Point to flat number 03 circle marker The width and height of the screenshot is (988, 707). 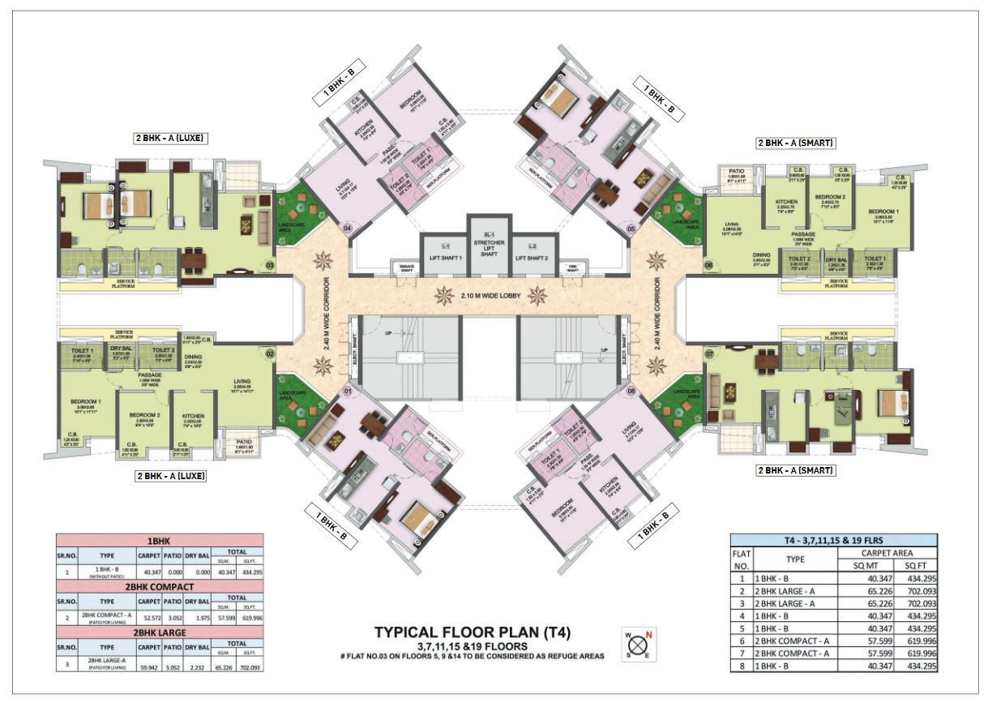tap(270, 263)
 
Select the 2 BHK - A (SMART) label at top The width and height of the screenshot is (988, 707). tap(795, 144)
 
